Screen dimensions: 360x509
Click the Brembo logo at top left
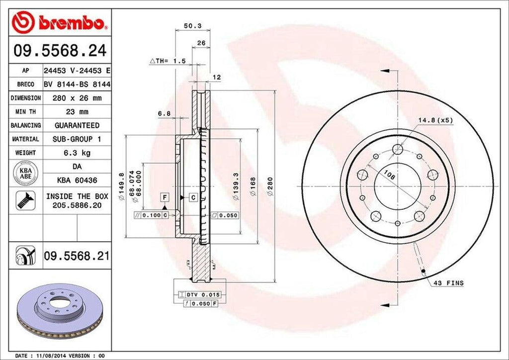(59, 22)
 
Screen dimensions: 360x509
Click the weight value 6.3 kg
(77, 153)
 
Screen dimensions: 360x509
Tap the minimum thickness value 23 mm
(77, 112)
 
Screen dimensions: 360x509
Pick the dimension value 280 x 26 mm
(77, 98)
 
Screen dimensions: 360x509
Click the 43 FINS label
(448, 283)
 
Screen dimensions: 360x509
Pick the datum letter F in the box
(163, 197)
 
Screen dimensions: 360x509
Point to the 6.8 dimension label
(165, 113)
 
